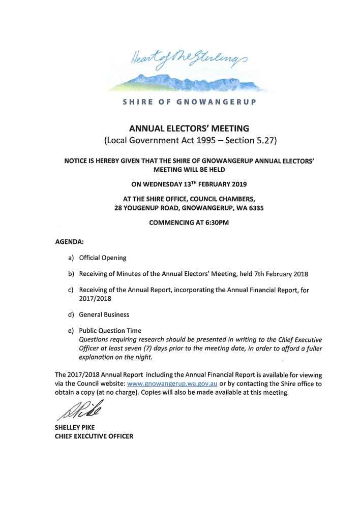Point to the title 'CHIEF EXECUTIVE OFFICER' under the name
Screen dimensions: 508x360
(94, 436)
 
